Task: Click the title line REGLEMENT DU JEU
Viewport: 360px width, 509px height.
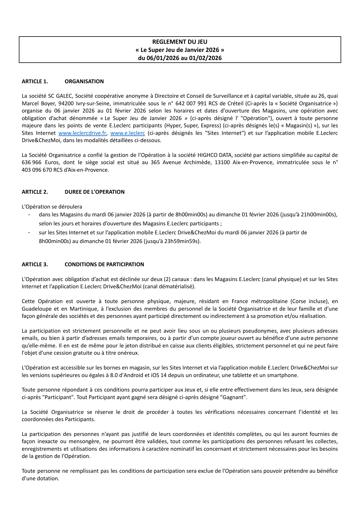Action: point(180,42)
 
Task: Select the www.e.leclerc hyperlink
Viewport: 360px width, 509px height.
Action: point(128,133)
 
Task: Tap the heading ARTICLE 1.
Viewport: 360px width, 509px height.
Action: point(35,81)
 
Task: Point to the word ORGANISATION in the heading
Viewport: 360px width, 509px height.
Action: point(84,81)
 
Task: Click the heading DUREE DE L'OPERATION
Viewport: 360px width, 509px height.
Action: point(94,192)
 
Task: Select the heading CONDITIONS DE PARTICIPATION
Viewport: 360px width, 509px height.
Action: point(104,265)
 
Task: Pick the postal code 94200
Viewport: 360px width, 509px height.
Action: point(66,104)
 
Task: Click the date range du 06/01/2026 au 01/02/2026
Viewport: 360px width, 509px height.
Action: point(180,58)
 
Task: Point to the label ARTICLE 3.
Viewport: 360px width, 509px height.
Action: point(35,265)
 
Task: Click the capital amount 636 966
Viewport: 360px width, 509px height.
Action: point(32,162)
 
